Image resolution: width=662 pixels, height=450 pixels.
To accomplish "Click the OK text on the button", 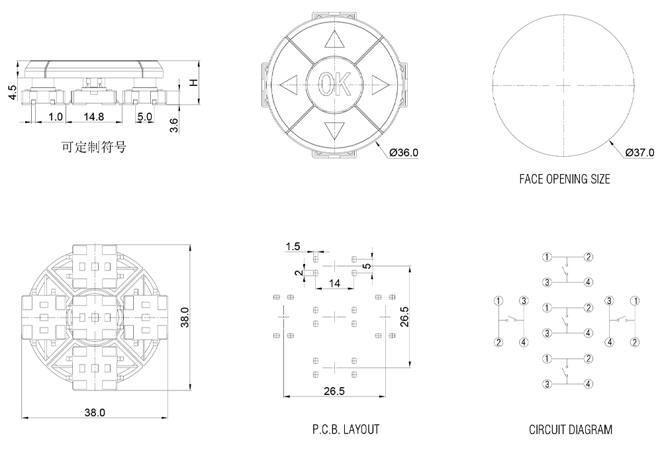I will [334, 84].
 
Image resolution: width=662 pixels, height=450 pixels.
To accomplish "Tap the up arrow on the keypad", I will [334, 40].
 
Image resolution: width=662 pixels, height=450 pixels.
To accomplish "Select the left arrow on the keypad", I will [289, 84].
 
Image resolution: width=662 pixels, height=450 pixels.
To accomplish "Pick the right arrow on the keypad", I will [379, 83].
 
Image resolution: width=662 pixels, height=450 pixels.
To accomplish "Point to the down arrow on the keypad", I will [334, 130].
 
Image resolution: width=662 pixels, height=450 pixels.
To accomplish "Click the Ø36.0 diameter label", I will [404, 153].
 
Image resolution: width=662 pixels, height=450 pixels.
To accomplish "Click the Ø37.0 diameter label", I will [639, 153].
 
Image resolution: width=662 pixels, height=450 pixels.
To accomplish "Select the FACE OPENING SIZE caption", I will [565, 179].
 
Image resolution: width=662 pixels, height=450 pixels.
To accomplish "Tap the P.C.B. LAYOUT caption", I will [346, 429].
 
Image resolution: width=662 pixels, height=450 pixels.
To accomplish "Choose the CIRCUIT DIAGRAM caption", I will [570, 429].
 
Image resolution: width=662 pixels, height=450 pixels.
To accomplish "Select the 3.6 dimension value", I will [174, 125].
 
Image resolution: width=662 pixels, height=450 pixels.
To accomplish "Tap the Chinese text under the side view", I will [93, 148].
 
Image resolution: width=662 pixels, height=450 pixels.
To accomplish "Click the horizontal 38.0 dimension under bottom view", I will [95, 412].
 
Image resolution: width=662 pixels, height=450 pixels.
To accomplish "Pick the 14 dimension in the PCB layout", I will [334, 283].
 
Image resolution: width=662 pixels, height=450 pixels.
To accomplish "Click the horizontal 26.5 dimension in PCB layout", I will [334, 391].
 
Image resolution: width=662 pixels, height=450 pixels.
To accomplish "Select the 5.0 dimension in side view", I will [144, 116].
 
